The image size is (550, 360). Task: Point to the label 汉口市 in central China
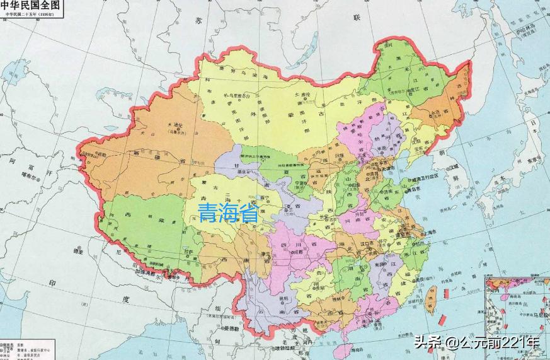tap(365, 241)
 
